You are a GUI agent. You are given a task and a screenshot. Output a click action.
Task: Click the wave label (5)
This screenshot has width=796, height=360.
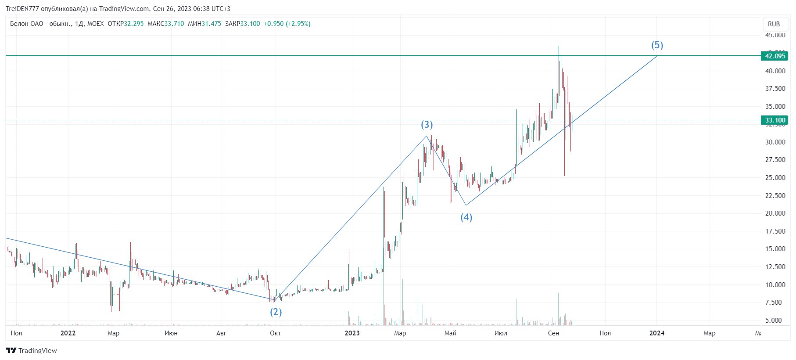[657, 45]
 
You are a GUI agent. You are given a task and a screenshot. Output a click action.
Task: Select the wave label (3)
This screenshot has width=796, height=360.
[427, 125]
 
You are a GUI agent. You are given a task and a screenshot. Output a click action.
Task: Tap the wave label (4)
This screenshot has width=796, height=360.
[466, 217]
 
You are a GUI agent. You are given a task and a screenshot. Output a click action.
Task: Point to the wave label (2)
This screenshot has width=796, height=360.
[276, 312]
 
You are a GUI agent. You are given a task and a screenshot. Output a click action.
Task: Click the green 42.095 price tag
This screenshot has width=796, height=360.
[775, 56]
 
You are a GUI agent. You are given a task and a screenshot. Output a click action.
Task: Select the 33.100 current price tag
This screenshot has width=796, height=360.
[775, 120]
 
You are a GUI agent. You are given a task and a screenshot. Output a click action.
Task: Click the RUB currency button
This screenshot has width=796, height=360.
[774, 24]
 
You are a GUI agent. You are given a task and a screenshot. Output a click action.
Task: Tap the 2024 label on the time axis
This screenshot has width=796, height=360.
[656, 333]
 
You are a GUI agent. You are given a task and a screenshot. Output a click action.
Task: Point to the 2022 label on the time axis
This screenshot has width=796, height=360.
[68, 333]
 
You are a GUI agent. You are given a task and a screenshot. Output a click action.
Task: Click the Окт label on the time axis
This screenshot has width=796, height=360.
[275, 333]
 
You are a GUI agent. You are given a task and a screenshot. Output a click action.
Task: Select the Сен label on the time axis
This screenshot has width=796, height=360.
[553, 333]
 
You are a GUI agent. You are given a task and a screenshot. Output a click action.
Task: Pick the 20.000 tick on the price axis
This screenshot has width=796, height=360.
[775, 213]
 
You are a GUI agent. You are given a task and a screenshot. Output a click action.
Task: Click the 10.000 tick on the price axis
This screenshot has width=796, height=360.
[775, 284]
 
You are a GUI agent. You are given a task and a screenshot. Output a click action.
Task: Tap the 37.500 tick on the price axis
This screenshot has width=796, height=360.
[775, 89]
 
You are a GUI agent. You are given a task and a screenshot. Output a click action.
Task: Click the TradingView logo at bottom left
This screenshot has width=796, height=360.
[32, 350]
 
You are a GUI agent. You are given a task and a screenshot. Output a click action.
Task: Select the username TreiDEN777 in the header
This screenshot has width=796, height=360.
[22, 9]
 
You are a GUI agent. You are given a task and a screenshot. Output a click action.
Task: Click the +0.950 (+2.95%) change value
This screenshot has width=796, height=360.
[287, 24]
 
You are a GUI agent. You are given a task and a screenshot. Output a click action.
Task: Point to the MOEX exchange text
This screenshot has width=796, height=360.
[96, 24]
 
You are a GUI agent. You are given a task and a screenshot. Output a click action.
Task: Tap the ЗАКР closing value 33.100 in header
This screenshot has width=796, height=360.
[250, 24]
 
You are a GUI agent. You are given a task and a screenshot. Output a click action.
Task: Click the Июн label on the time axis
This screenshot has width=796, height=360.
[171, 333]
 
